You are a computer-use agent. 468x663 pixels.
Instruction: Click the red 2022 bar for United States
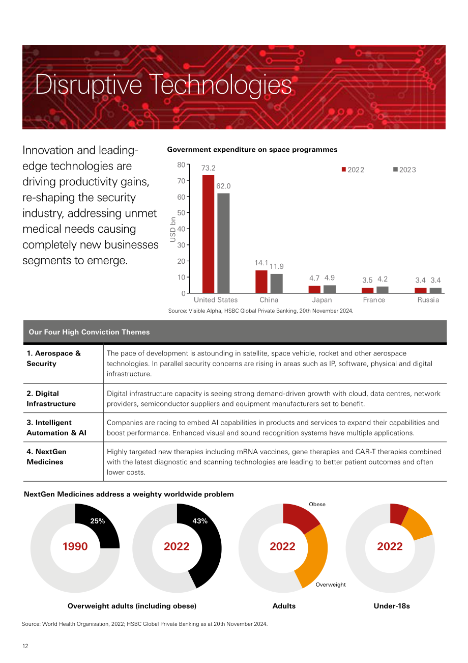[x=208, y=234]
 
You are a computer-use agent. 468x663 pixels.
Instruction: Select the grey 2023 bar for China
[x=276, y=284]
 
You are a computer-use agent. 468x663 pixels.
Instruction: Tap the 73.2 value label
[x=209, y=168]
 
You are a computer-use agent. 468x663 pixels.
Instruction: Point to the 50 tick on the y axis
[x=181, y=213]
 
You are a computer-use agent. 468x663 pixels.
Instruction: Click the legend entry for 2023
[x=404, y=170]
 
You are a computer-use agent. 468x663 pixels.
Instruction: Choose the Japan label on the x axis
[x=322, y=300]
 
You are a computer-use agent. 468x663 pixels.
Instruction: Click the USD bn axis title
[x=172, y=229]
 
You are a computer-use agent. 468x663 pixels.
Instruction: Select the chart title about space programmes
[x=252, y=150]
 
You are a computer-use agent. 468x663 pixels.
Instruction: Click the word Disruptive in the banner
[x=89, y=85]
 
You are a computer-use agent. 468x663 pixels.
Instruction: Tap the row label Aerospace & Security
[x=53, y=358]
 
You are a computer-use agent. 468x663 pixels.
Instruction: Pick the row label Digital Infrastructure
[x=51, y=398]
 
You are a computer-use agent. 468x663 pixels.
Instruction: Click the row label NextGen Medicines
[x=46, y=457]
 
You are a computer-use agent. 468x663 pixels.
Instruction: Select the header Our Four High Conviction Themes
[x=89, y=332]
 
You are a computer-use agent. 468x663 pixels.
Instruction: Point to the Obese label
[x=317, y=504]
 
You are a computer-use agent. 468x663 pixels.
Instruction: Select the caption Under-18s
[x=392, y=606]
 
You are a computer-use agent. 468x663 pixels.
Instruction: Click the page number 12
[x=25, y=646]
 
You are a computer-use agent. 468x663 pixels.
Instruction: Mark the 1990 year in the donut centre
[x=75, y=546]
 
